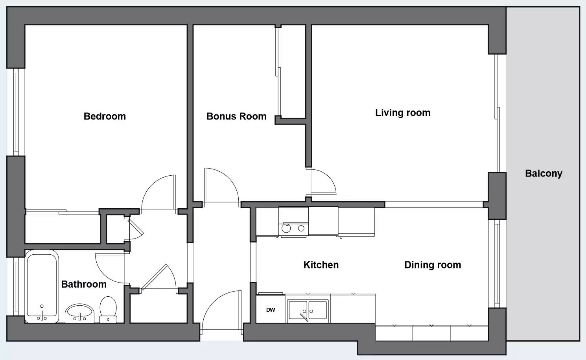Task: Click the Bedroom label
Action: (x=105, y=116)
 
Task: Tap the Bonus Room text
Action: (x=236, y=116)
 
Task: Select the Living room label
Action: (x=403, y=113)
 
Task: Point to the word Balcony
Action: (x=544, y=174)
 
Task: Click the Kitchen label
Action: (x=321, y=265)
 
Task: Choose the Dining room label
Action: (x=433, y=265)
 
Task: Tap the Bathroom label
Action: (x=84, y=284)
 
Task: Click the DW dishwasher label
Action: (x=271, y=310)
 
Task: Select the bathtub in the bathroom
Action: (x=42, y=286)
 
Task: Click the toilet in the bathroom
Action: (x=108, y=310)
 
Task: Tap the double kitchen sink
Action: (x=308, y=310)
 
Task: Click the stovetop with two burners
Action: (x=293, y=228)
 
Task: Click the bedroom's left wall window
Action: (x=16, y=112)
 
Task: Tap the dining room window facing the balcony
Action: (x=497, y=264)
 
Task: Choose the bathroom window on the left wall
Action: (x=16, y=286)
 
